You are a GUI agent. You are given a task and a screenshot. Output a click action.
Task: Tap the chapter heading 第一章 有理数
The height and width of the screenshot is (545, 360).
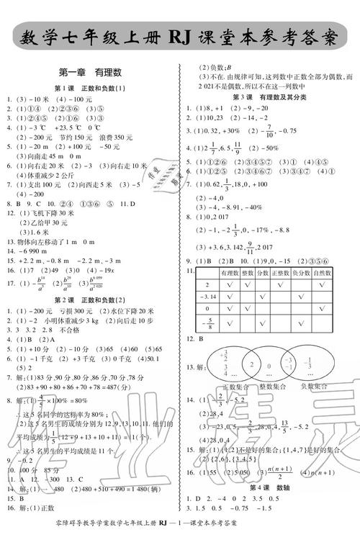coord(90,71)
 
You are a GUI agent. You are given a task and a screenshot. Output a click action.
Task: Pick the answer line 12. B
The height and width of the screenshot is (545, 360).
coord(193,338)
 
